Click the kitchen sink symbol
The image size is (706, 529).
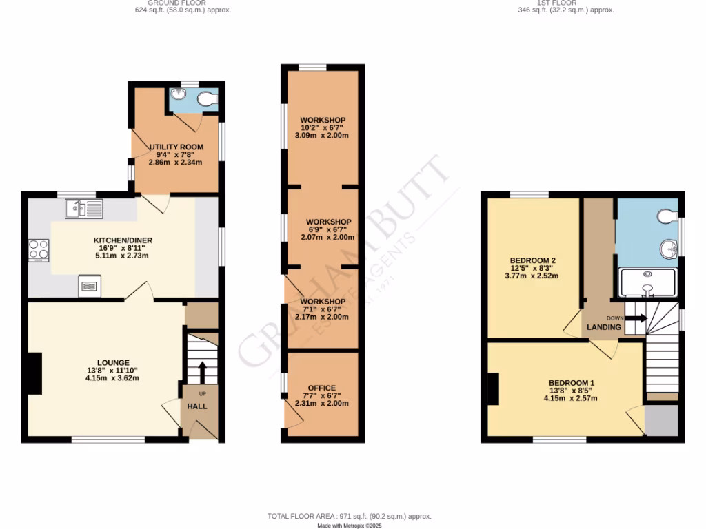coord(83,207)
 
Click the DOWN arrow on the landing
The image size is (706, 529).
coord(636,318)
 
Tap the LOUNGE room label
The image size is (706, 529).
coord(113,362)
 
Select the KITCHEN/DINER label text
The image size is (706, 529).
coord(123,240)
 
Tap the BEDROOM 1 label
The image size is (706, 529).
coord(571,383)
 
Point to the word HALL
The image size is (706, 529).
coord(197,406)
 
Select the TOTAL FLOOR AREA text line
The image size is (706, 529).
coord(349,516)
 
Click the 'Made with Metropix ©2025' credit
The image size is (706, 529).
coord(349,526)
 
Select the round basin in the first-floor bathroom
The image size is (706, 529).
coord(667,249)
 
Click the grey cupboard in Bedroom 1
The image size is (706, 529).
coord(661,420)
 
